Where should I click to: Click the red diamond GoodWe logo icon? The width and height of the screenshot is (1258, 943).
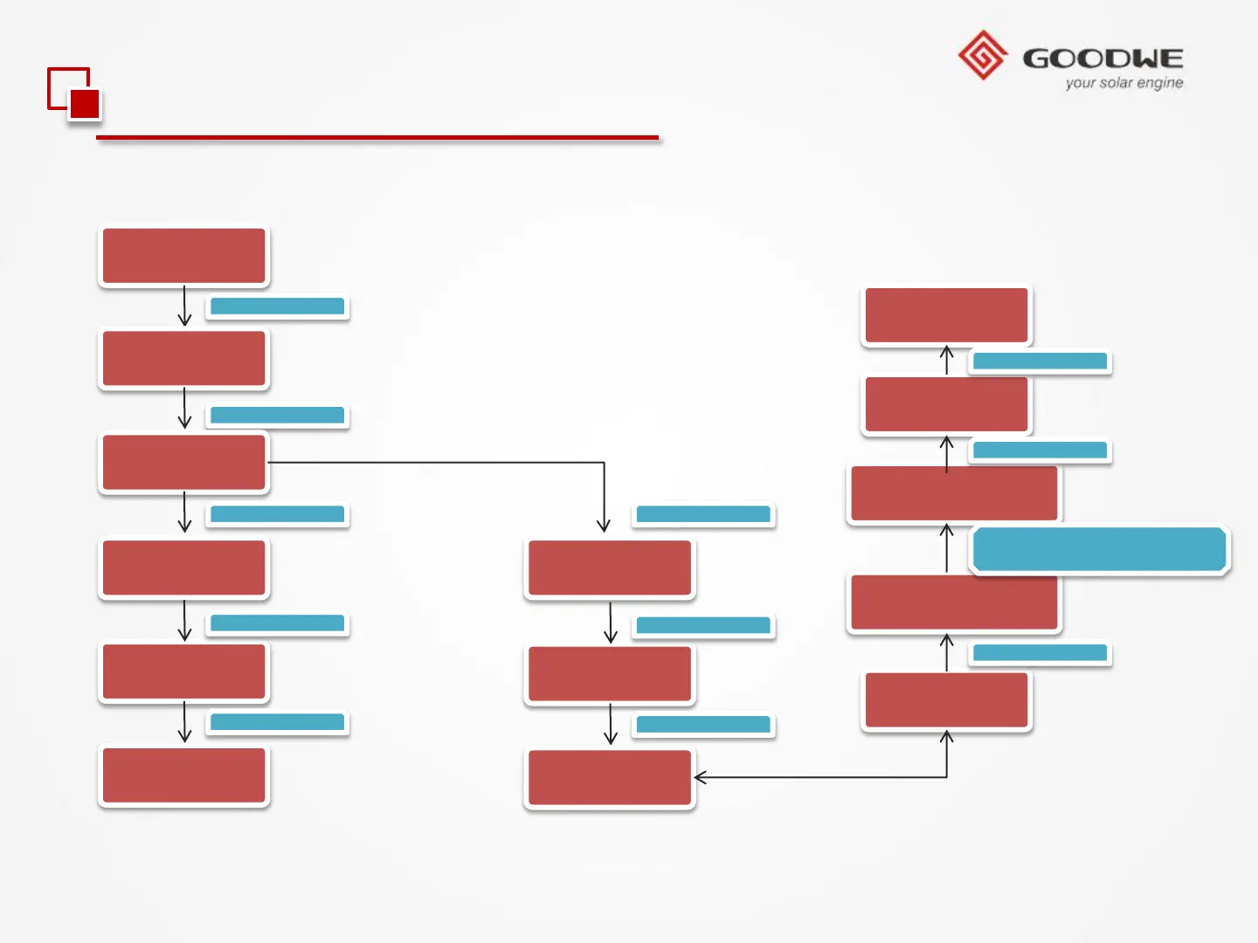click(x=983, y=55)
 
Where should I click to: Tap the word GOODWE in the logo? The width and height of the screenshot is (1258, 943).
click(x=1103, y=59)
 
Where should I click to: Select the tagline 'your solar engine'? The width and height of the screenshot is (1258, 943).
click(x=1124, y=83)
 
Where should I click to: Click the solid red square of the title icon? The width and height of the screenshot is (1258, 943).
click(x=85, y=104)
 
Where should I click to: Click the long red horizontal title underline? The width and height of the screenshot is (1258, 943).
click(x=377, y=137)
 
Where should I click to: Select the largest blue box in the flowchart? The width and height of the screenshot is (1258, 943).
click(x=1099, y=550)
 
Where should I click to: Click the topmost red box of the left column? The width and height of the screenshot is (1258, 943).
click(x=184, y=255)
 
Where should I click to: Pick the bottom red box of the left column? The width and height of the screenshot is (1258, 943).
click(x=184, y=775)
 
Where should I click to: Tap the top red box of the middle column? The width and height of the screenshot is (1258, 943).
click(x=610, y=568)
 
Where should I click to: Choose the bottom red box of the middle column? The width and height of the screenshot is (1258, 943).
click(x=610, y=777)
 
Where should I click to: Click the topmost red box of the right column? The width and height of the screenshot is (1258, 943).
click(x=947, y=315)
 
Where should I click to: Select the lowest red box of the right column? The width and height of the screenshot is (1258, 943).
click(x=947, y=699)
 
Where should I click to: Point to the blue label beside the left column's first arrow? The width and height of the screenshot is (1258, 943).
click(x=278, y=306)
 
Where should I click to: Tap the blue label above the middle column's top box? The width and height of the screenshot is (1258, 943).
click(x=703, y=514)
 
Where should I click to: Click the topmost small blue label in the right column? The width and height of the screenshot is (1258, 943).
click(x=1040, y=361)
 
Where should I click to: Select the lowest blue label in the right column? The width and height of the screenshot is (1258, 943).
click(x=1040, y=653)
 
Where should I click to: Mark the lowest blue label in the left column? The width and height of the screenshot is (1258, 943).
click(x=278, y=722)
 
